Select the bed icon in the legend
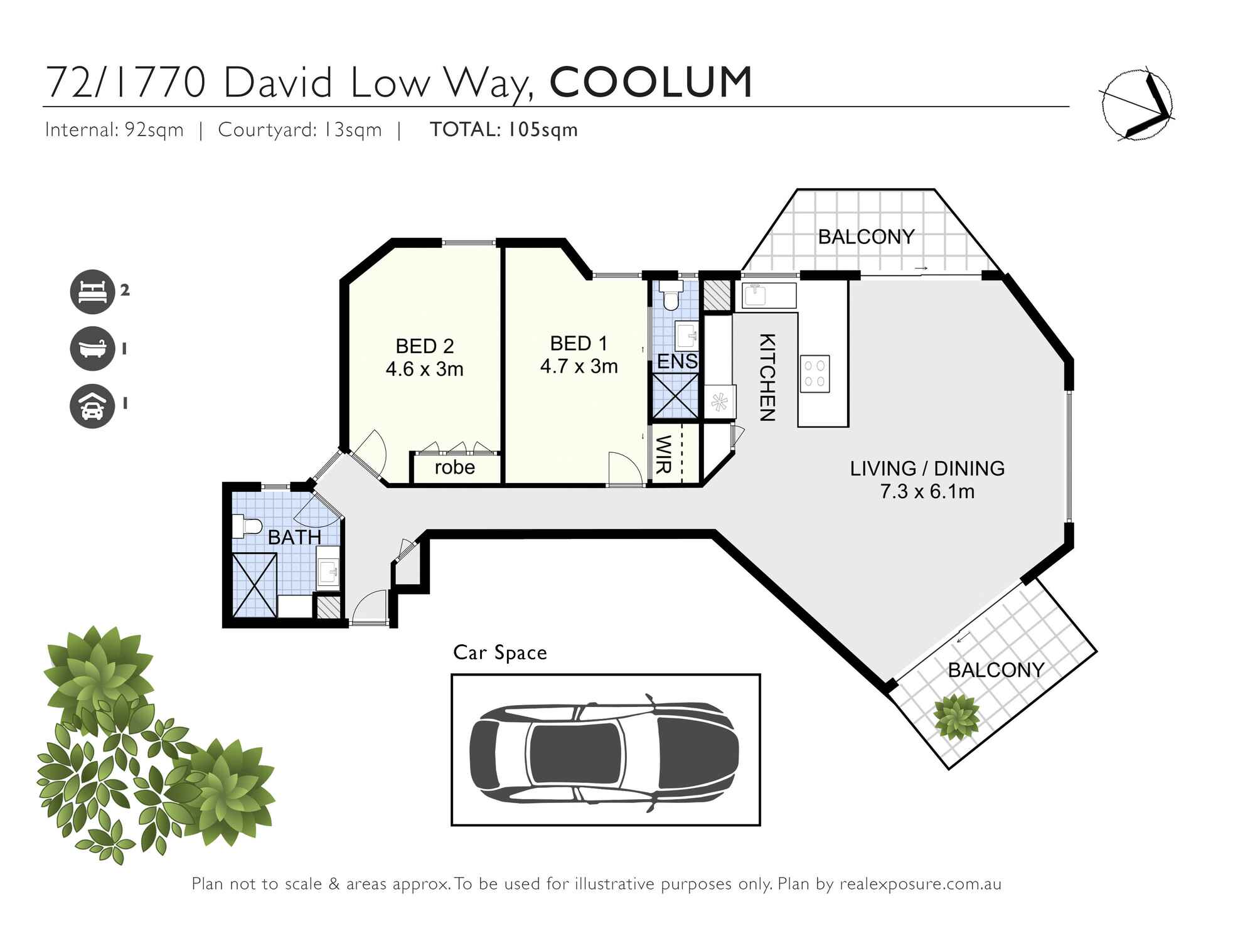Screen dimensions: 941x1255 coord(92,291)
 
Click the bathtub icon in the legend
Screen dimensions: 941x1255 coord(92,348)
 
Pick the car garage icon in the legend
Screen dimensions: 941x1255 coord(92,405)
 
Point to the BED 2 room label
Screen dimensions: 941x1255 coord(424,346)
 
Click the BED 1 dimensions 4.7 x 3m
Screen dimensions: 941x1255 coord(579,366)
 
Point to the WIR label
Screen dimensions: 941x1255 coord(664,454)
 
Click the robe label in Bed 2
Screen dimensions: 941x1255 coord(454,467)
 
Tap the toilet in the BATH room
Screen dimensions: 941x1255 coord(246,526)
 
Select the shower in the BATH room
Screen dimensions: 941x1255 coord(254,585)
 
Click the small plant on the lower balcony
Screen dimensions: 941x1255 coord(956,717)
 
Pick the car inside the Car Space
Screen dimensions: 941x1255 coord(604,750)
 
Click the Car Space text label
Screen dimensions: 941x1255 coord(499,653)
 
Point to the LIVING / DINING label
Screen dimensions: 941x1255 coord(927,469)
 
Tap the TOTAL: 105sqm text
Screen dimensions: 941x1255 coord(503,130)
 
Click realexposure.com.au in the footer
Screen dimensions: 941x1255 coord(920,885)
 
